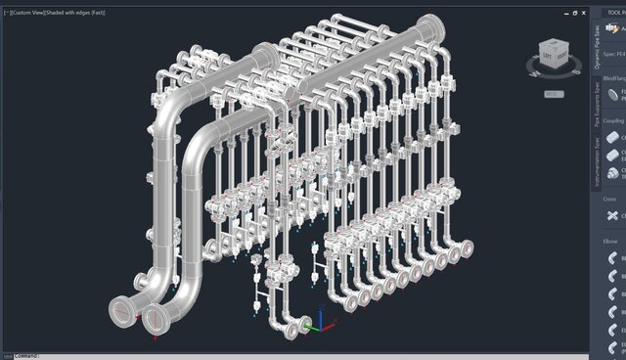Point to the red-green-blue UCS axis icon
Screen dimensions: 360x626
pyautogui.click(x=308, y=324)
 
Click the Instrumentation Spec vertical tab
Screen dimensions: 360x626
pyautogui.click(x=597, y=162)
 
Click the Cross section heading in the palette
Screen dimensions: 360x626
pyautogui.click(x=610, y=200)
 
